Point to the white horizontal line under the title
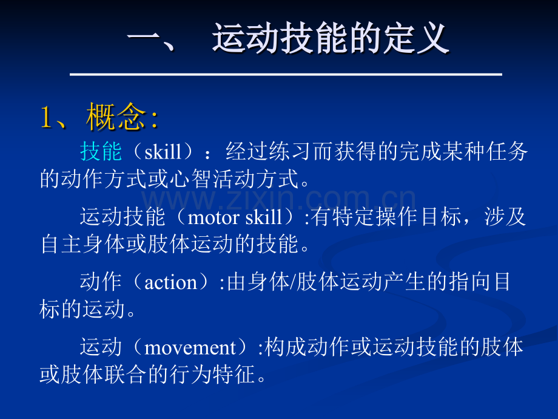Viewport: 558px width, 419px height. [286, 74]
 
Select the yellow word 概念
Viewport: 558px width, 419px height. [116, 117]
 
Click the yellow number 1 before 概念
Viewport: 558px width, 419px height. [47, 117]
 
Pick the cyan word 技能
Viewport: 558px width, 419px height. [101, 151]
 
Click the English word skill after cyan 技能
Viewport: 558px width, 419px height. [163, 152]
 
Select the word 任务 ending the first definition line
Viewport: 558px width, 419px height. [506, 151]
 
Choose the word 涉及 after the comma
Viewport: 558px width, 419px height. [505, 217]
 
